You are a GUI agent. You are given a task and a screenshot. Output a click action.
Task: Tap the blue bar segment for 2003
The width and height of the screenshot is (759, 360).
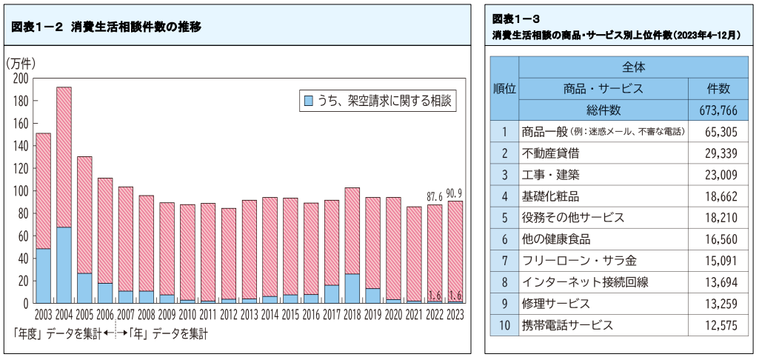pos(44,275)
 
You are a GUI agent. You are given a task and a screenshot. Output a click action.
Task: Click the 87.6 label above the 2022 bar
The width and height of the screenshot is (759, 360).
pos(434,197)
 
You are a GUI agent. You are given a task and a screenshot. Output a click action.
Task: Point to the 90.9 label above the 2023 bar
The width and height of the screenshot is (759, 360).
pos(455,194)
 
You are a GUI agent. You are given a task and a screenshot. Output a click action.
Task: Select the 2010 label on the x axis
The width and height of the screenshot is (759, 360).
pos(187,315)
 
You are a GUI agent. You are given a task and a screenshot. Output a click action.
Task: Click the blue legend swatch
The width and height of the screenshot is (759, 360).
pos(307,100)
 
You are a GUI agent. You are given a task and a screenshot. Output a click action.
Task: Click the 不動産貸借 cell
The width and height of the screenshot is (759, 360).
pos(551,153)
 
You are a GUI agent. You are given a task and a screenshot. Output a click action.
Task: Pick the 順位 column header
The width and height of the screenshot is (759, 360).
pos(504,88)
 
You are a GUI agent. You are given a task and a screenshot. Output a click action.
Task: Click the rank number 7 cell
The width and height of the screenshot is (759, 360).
pos(504,261)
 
